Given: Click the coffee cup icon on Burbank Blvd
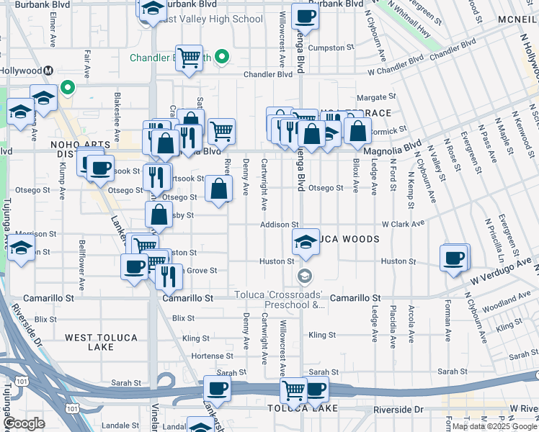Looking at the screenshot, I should point(305,17).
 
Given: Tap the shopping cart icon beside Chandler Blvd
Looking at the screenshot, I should point(189,57).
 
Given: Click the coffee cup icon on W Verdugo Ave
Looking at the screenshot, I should point(454,258).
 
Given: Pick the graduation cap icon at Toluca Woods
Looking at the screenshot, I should point(306,243).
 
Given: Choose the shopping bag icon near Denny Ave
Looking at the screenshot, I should point(219,189).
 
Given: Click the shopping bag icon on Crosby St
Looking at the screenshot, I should point(159,215).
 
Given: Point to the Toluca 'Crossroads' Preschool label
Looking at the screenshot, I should point(281,300).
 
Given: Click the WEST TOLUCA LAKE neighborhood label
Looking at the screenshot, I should point(99,342).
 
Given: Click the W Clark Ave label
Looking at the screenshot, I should point(399,225).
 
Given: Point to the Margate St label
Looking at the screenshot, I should point(376,96).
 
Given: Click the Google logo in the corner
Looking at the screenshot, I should point(24,424).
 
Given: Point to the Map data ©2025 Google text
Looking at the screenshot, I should point(494,426).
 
